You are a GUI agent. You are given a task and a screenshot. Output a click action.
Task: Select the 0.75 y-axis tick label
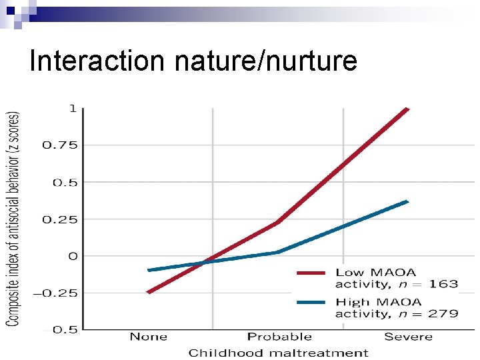(x=60, y=145)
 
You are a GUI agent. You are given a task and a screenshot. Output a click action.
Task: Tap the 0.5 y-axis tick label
(x=65, y=182)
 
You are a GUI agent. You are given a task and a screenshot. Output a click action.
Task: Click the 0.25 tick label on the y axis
(x=60, y=219)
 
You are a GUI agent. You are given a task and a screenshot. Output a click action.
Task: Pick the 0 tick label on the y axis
(x=73, y=256)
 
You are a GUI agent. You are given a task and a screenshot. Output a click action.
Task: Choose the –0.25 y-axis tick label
(x=58, y=293)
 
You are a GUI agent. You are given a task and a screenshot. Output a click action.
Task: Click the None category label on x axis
(x=148, y=337)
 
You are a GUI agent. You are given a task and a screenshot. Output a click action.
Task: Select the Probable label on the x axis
(x=279, y=337)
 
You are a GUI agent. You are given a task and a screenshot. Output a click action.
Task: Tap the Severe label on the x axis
(x=408, y=337)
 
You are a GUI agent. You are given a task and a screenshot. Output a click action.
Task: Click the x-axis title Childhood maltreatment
(x=278, y=353)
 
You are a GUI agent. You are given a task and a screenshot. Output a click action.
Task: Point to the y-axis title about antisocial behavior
(x=13, y=218)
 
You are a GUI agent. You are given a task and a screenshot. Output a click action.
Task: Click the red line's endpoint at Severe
(x=407, y=108)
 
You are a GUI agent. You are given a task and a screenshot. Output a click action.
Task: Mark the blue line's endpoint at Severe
(x=407, y=201)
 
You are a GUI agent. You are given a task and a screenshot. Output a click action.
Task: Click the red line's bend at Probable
(x=277, y=223)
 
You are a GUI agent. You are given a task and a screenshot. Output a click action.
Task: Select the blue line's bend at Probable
(x=277, y=252)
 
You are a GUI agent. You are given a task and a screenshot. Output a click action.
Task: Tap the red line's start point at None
(x=148, y=292)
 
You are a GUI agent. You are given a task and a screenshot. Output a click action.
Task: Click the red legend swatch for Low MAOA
(x=311, y=273)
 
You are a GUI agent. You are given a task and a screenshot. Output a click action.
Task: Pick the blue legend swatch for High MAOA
(x=311, y=302)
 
